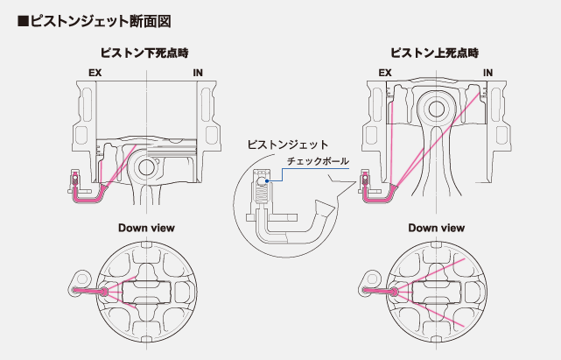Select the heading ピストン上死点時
435,54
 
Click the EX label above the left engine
95,74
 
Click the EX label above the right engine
384,74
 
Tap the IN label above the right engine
487,74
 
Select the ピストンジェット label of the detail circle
287,144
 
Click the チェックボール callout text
318,162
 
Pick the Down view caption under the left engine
146,228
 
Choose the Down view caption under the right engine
436,228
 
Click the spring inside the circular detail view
259,194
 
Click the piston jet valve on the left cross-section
76,183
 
